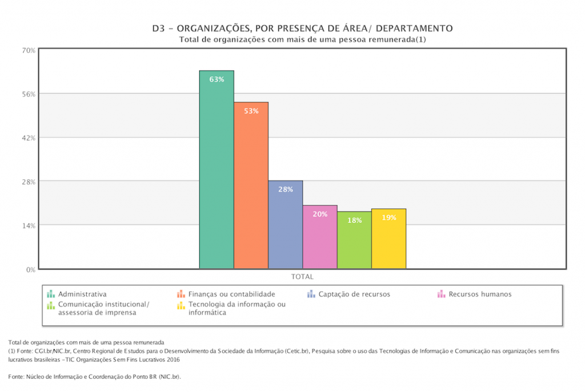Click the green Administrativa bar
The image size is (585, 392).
[217, 171]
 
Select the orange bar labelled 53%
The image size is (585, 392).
[251, 188]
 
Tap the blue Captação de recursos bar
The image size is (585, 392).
[286, 228]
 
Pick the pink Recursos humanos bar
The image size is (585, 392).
[320, 240]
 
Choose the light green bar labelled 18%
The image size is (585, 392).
[354, 243]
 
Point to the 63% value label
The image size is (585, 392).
[217, 80]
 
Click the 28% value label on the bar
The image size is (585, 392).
[286, 189]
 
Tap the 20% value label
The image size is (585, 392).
[320, 214]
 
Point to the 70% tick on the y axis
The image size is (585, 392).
[29, 50]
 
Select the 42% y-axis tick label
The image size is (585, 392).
[29, 138]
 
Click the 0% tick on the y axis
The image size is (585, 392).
[31, 269]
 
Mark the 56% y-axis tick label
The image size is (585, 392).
[29, 94]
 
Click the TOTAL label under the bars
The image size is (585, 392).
[302, 277]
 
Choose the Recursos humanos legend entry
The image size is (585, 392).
[480, 294]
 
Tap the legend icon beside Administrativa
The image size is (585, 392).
[51, 294]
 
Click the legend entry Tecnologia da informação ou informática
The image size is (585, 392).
[237, 308]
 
